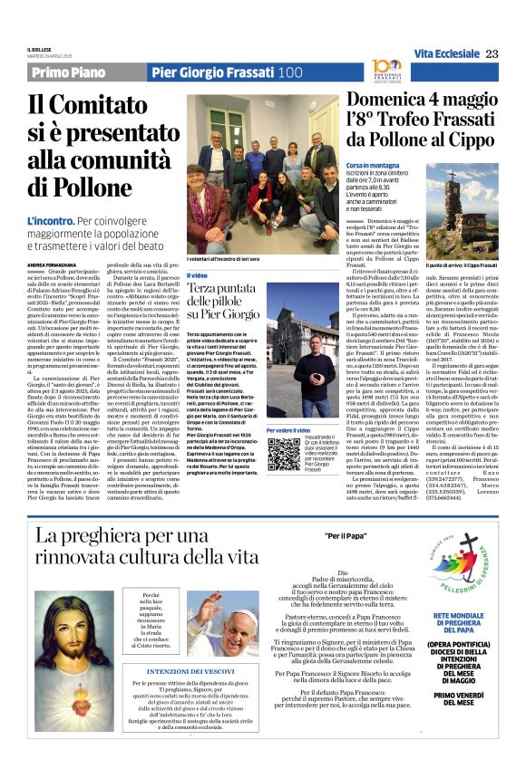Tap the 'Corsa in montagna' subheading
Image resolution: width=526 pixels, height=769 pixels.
coord(374,166)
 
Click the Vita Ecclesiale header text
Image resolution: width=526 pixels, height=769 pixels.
coord(444,54)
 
